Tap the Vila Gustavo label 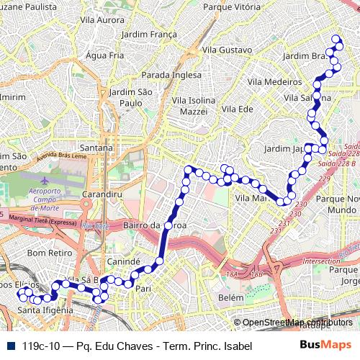[227, 50]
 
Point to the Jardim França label [149, 34]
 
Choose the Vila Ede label [238, 109]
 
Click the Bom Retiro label [46, 253]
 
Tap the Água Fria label [104, 55]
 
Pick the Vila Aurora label [102, 20]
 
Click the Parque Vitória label [232, 6]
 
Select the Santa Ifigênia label [44, 310]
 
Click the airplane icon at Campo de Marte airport [46, 180]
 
